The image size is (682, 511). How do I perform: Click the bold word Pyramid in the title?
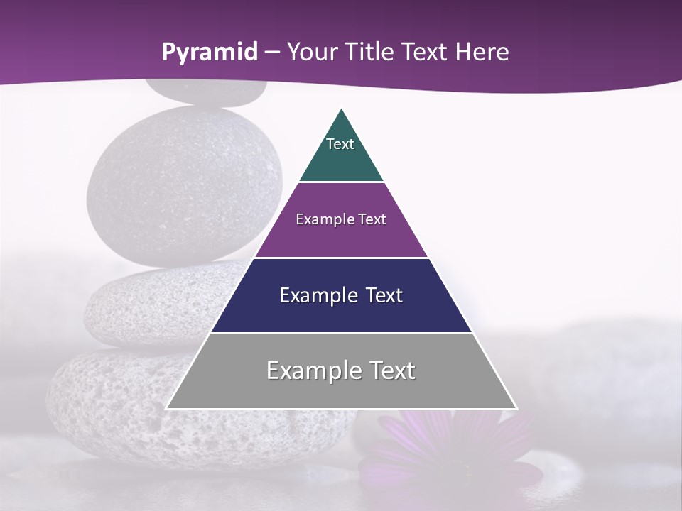click(209, 53)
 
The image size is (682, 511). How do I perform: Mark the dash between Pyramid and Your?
click(271, 53)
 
